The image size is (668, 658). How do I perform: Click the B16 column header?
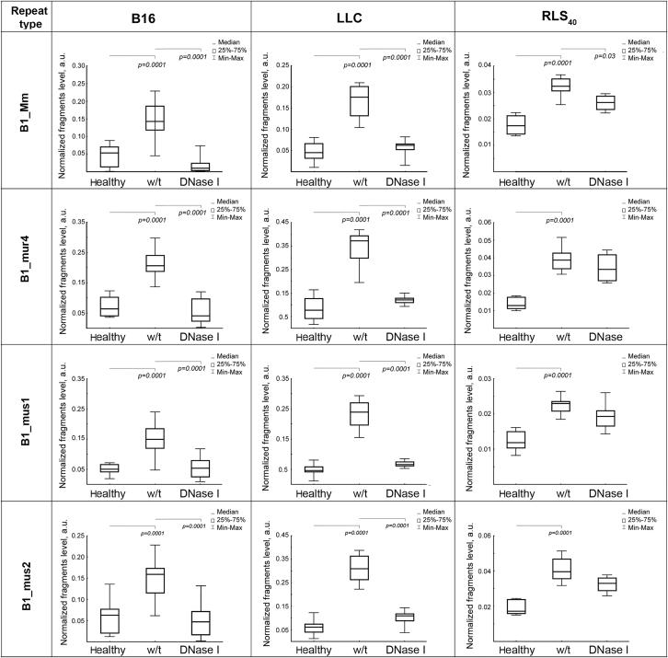tap(153, 15)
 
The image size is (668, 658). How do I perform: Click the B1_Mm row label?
tap(27, 110)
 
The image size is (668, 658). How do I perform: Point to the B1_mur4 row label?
tap(27, 267)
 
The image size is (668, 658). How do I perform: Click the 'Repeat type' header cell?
tap(27, 15)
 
